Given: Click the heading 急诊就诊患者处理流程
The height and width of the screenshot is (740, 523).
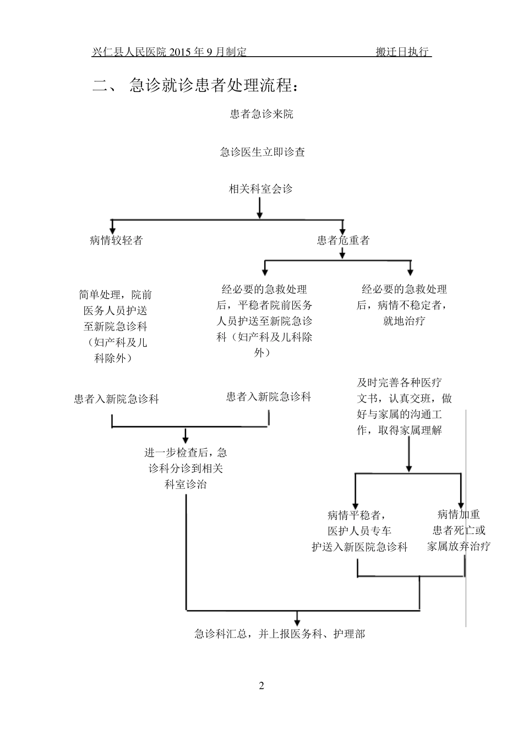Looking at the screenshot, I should [215, 86].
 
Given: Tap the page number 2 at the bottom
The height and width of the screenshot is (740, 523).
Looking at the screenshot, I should [261, 685].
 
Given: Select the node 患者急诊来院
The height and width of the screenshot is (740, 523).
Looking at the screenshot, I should [261, 114].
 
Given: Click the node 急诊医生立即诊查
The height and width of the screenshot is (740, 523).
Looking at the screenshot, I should [262, 152].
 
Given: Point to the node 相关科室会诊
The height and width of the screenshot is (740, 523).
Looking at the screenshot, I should [261, 189].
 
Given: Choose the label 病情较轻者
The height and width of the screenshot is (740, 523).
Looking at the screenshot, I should [116, 240].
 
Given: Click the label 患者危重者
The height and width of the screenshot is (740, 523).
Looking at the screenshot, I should [343, 240].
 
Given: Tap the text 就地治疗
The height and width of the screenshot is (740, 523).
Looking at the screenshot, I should [404, 321].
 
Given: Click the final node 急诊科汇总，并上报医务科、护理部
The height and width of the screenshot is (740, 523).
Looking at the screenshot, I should [280, 634].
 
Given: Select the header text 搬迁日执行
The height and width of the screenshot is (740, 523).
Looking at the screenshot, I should [402, 52].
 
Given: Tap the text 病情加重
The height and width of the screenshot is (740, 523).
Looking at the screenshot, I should [459, 514].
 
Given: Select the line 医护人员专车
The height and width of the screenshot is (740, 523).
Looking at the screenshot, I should [359, 531].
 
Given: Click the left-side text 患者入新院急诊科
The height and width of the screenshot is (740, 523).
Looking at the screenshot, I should [116, 399].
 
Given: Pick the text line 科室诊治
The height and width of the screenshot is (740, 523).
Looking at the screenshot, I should [186, 485].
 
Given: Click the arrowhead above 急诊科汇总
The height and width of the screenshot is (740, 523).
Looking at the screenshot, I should [298, 618].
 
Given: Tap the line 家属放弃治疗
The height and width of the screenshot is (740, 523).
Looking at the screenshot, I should [459, 546].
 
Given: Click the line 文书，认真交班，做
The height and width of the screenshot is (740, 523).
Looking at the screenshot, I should [404, 398].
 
